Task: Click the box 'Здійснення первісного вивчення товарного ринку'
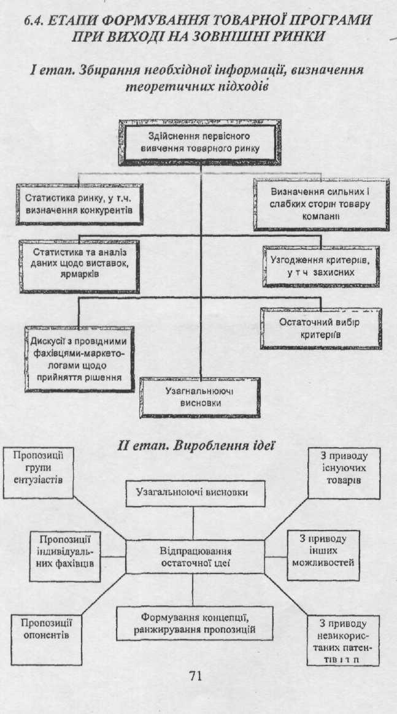point(202,142)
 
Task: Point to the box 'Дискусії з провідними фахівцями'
point(78,359)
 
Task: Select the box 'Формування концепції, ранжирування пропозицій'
point(194,624)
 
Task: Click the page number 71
point(195,677)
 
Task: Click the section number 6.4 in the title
point(36,20)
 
